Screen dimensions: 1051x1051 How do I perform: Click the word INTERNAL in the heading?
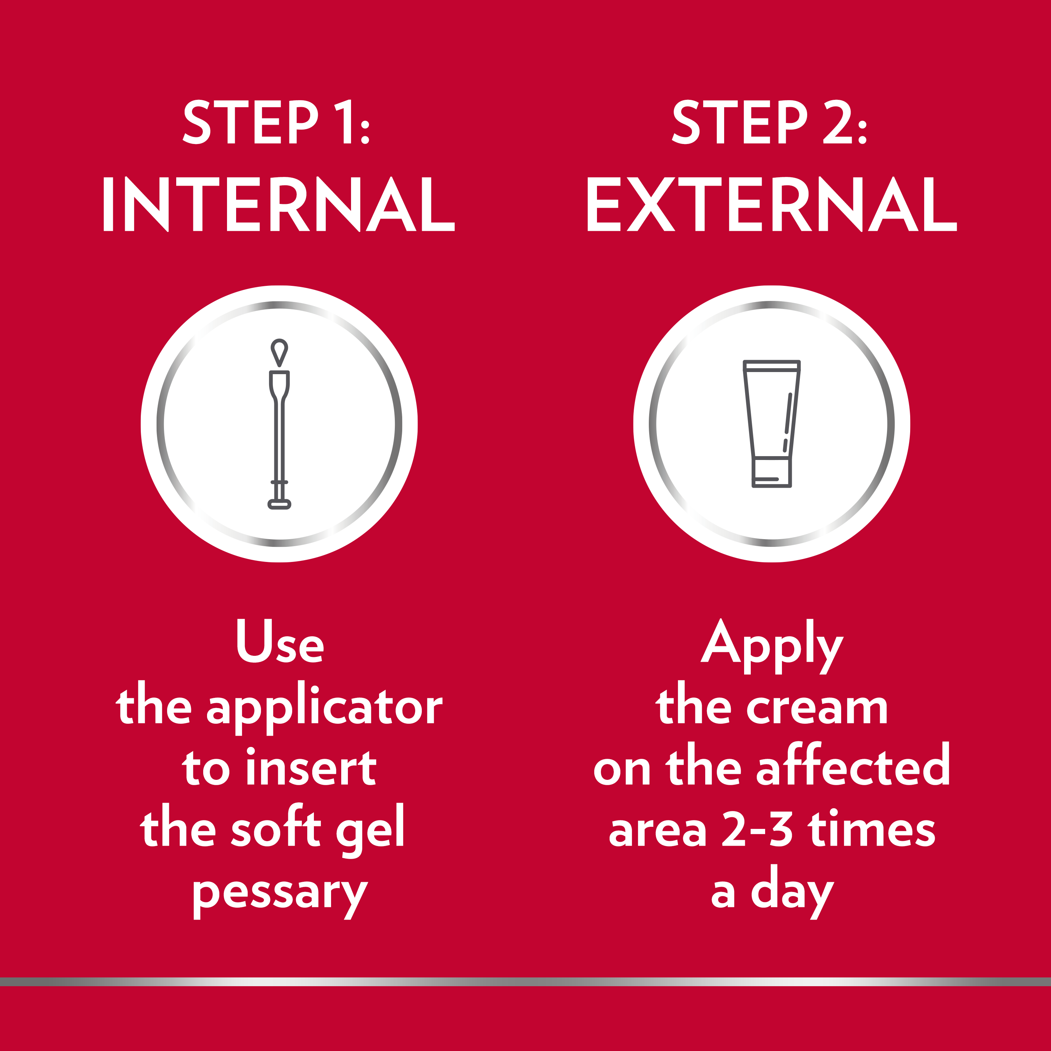279,204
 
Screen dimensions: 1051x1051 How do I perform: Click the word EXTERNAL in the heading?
771,204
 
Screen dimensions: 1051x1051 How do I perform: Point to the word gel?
370,831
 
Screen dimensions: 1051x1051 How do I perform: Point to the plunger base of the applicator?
279,504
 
